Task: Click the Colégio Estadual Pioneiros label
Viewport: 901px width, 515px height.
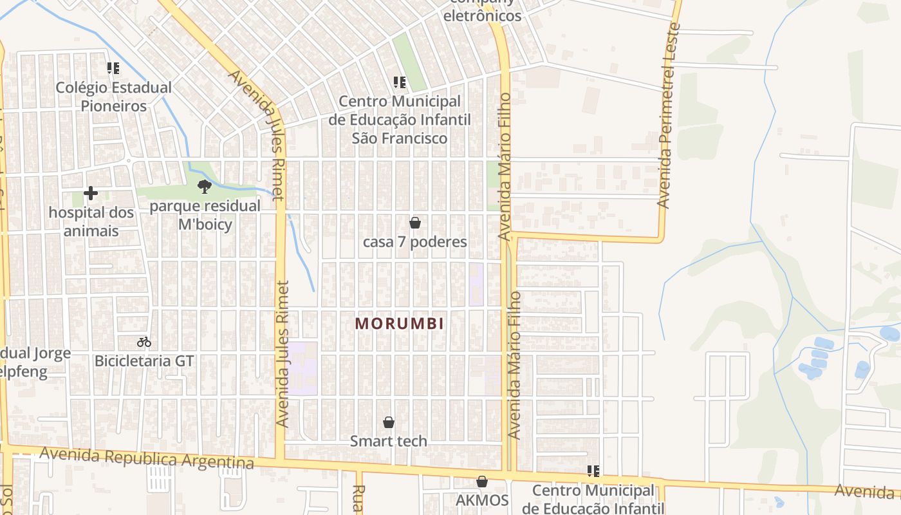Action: point(113,96)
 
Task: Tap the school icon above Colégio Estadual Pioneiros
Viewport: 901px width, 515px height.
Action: point(113,68)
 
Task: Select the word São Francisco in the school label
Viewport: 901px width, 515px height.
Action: point(399,138)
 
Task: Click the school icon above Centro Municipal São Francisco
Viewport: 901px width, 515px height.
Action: point(400,82)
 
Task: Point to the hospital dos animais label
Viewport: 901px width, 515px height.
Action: point(91,221)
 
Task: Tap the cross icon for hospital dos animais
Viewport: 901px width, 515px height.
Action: point(91,193)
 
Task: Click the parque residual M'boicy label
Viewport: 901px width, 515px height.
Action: point(205,215)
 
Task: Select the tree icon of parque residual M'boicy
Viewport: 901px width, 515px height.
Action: point(205,187)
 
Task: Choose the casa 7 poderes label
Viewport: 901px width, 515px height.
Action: point(415,242)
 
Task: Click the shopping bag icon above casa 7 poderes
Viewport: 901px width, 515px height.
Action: point(415,223)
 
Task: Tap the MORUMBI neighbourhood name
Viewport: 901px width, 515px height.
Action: point(400,323)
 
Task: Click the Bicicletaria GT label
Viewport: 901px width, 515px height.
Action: point(144,360)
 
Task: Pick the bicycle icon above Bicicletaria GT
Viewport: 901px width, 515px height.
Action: point(144,342)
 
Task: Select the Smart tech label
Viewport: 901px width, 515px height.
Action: point(389,441)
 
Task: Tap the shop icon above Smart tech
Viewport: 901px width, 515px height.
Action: point(389,422)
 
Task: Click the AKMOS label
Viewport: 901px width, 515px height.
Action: point(482,500)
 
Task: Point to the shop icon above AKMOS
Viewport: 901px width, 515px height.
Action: point(482,482)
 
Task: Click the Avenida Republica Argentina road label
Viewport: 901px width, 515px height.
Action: point(147,458)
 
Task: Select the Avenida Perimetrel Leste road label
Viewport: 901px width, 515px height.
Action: point(668,116)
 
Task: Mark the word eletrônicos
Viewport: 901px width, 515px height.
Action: point(482,15)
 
